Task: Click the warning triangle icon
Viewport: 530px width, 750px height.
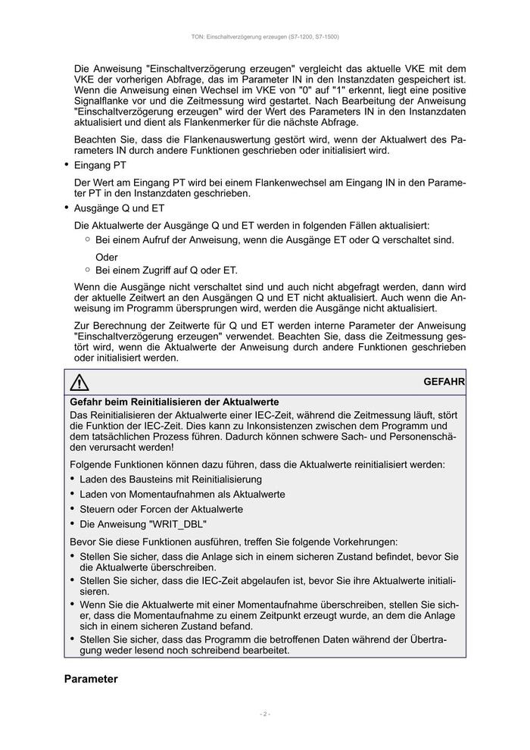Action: click(79, 383)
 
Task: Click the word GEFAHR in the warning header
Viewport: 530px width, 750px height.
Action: click(444, 383)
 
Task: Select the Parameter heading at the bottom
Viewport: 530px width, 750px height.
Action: click(91, 679)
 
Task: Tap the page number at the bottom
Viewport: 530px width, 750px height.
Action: click(265, 714)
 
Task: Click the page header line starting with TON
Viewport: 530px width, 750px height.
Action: click(265, 37)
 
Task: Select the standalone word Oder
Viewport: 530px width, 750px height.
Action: click(107, 257)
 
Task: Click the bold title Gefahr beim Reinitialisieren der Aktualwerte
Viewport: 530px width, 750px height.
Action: click(175, 401)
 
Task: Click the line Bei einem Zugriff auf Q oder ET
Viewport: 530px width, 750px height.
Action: click(167, 270)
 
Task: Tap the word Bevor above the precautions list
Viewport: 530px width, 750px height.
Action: click(84, 542)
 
